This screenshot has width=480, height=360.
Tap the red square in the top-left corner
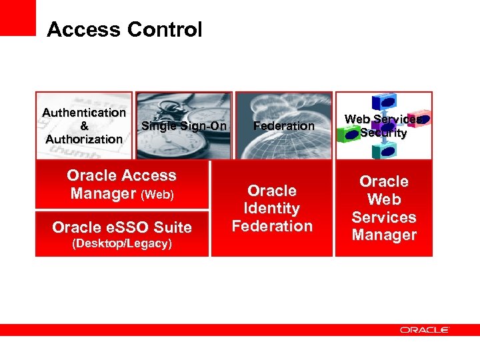pyautogui.click(x=17, y=17)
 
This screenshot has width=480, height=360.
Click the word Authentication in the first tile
pyautogui.click(x=84, y=113)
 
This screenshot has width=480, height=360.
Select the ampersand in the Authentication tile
pyautogui.click(x=84, y=126)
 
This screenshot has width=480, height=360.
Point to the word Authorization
pyautogui.click(x=84, y=139)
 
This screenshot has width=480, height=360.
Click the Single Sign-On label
pyautogui.click(x=184, y=126)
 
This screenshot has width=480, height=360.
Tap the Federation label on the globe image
pyautogui.click(x=284, y=126)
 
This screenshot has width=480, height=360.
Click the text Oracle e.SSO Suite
pyautogui.click(x=122, y=227)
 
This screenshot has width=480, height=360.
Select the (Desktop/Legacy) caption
pyautogui.click(x=122, y=243)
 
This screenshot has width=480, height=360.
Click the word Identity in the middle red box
pyautogui.click(x=272, y=209)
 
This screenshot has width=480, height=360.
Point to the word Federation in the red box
pyautogui.click(x=272, y=226)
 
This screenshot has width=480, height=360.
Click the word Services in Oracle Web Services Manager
pyautogui.click(x=384, y=217)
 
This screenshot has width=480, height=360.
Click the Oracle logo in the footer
pyautogui.click(x=425, y=329)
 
